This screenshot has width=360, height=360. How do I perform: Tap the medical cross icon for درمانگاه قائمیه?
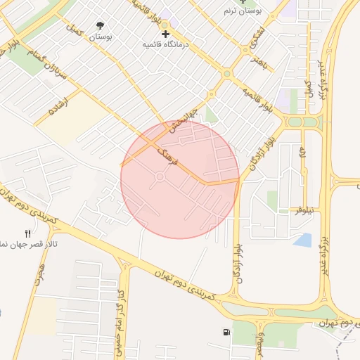166,34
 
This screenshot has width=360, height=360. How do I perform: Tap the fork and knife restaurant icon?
28,233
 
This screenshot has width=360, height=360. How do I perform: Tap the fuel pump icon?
226,332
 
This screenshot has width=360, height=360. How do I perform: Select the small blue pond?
303,240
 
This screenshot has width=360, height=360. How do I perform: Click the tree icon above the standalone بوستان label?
101,25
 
